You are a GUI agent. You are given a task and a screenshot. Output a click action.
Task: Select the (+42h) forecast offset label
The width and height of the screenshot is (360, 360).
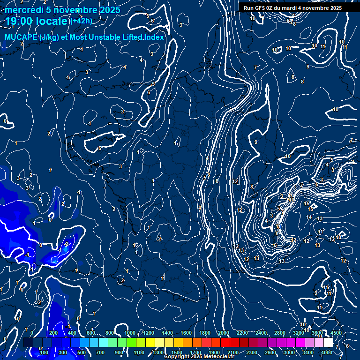(81, 21)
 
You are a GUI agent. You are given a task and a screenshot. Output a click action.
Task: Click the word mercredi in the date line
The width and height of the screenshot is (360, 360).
(24, 10)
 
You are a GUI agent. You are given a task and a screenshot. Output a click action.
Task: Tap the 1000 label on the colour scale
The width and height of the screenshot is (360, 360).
(129, 333)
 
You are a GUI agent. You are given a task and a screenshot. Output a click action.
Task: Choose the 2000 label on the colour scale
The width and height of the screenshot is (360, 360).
(223, 333)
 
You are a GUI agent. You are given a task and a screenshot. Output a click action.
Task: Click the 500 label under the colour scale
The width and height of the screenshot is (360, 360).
(81, 352)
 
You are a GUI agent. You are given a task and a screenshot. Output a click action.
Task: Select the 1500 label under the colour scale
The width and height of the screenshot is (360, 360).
(176, 352)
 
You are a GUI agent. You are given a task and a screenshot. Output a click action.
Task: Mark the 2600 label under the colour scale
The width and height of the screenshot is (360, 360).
(270, 352)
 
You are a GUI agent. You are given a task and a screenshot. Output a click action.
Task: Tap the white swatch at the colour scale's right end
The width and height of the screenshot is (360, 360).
(328, 343)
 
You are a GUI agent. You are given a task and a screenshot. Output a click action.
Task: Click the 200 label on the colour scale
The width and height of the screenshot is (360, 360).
(53, 333)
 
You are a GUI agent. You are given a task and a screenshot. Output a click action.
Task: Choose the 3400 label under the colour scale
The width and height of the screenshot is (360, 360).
(307, 352)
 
